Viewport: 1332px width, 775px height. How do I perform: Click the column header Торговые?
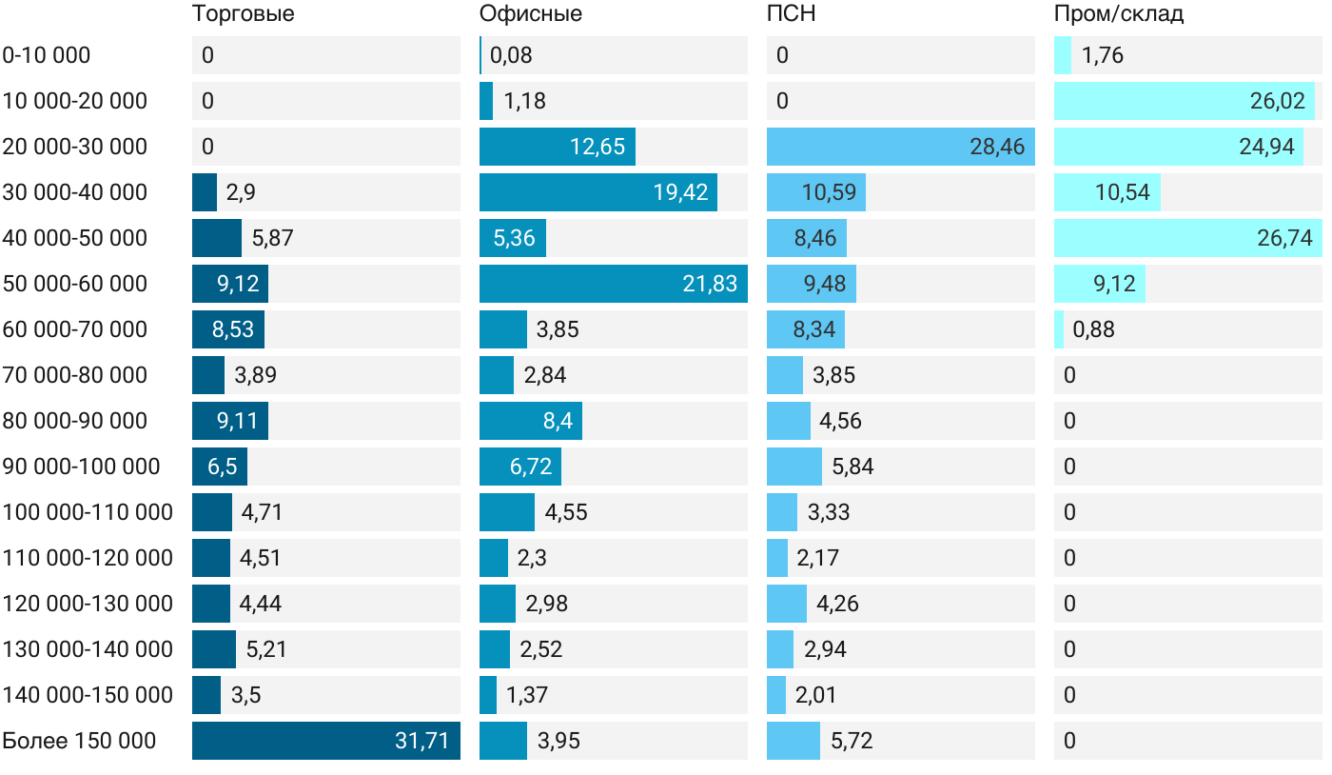point(243,14)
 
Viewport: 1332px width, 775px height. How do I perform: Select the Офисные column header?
point(531,14)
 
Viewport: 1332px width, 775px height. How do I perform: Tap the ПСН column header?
point(792,14)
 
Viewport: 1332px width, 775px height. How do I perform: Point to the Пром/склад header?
point(1119,14)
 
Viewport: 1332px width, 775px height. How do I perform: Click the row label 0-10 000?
point(47,55)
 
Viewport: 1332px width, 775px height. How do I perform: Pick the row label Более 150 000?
point(79,741)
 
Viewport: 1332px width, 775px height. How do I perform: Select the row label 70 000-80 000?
point(75,375)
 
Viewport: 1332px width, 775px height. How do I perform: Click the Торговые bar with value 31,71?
point(326,741)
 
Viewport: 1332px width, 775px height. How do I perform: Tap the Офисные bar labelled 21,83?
point(614,284)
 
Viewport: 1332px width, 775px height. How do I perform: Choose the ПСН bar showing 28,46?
point(901,147)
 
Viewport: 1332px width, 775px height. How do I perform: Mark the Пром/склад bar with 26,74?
point(1185,238)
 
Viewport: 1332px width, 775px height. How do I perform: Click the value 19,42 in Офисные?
point(680,192)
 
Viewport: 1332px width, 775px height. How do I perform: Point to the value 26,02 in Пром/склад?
point(1277,101)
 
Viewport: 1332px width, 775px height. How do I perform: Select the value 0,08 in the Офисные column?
point(511,55)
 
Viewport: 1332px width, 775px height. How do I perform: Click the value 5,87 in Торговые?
point(272,238)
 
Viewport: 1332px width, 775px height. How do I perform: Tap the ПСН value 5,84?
point(852,467)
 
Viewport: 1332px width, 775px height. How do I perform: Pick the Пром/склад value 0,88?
point(1094,329)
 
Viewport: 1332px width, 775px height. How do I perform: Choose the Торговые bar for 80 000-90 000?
point(230,421)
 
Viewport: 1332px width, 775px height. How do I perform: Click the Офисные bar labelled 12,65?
point(558,147)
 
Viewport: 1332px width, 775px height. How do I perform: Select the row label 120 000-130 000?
point(88,604)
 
